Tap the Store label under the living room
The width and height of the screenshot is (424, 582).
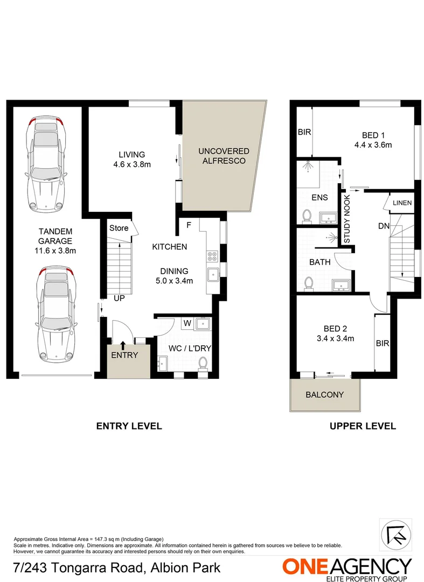(x=119, y=228)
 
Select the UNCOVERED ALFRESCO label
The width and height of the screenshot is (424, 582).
(x=224, y=156)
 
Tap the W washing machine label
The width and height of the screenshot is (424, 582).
(x=186, y=324)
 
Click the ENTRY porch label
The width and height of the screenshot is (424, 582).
(x=125, y=355)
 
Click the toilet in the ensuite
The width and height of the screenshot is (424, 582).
(x=307, y=216)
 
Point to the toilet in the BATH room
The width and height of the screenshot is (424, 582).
(x=309, y=283)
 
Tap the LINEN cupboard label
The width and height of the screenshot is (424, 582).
(x=402, y=203)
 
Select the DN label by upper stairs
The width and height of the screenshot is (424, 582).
(x=384, y=226)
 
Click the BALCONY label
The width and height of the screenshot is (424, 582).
(x=324, y=394)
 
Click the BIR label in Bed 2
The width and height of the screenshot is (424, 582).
(x=383, y=343)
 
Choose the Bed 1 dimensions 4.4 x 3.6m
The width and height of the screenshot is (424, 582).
(x=373, y=144)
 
